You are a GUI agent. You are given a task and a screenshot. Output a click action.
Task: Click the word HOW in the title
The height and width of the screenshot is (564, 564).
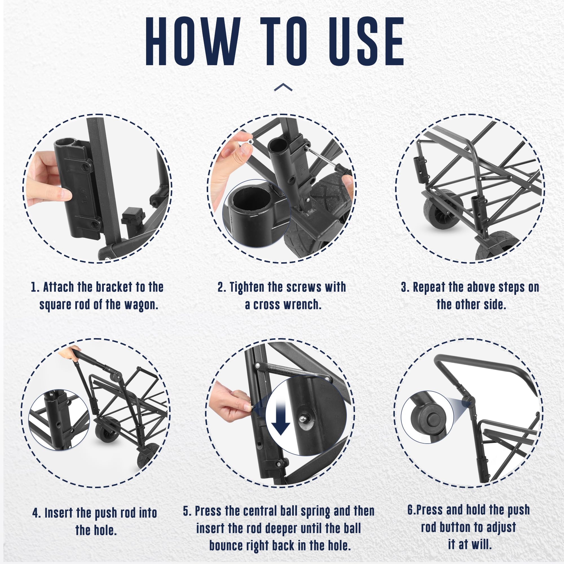[193, 41]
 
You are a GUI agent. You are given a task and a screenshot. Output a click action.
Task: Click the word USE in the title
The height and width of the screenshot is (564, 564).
[366, 41]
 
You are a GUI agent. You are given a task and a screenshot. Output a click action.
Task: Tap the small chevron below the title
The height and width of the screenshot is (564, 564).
[283, 87]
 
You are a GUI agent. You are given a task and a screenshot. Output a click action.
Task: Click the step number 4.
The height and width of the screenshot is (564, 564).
[36, 513]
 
